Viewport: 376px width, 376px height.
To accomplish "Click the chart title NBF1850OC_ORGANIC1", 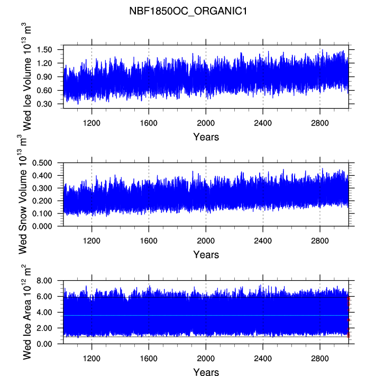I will click(188, 11).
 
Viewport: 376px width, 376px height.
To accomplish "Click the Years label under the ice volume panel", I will click(206, 137).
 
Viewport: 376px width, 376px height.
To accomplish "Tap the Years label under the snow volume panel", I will click(206, 255).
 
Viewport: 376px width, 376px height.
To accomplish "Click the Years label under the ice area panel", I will click(206, 372).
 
